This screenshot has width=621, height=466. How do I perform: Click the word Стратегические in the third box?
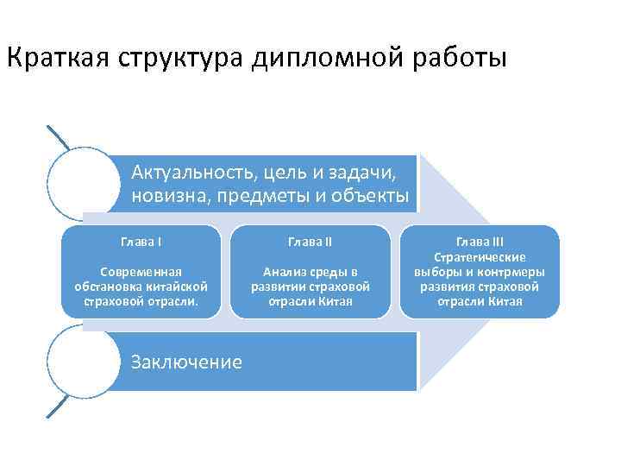[x=480, y=257]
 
